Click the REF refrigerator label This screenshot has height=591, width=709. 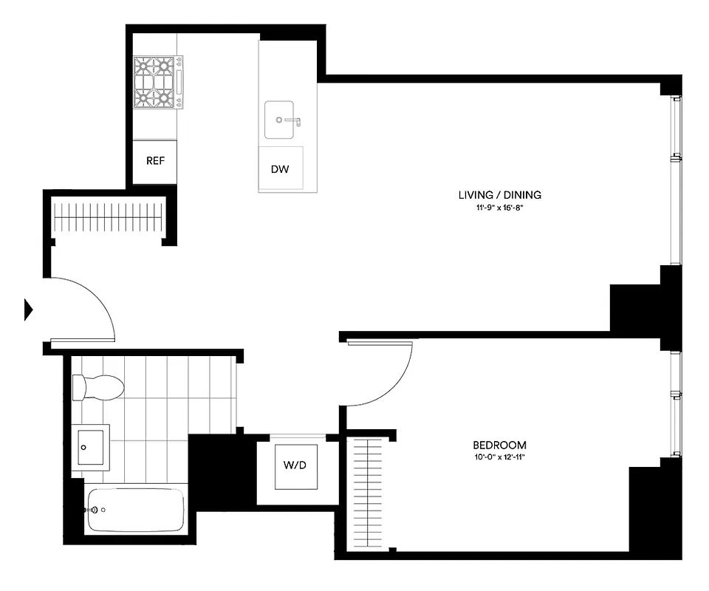coord(155,161)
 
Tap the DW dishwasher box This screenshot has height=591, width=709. coord(280,169)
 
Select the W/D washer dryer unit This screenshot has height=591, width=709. coord(295,466)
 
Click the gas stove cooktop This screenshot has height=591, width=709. coord(156,82)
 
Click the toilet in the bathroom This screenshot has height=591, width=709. coord(97,386)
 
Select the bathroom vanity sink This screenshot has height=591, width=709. coord(90,447)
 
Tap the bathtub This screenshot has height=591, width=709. coord(135,510)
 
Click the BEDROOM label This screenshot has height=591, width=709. coord(499,445)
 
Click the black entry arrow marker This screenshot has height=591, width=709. coord(29,309)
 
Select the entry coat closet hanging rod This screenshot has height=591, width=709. coord(109,217)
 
